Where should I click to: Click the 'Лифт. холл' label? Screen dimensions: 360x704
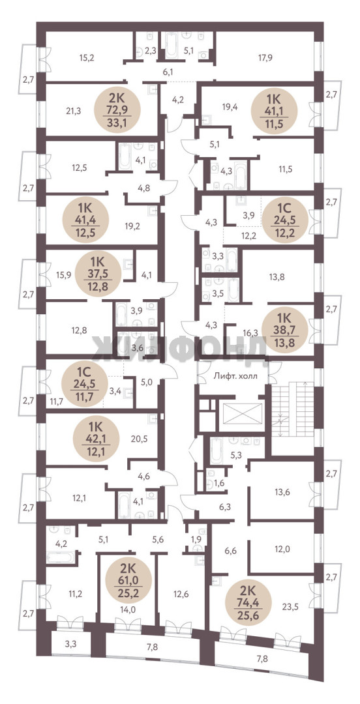[235, 376]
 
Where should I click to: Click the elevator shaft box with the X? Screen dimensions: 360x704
[241, 413]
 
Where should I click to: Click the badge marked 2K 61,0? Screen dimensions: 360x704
[128, 578]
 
